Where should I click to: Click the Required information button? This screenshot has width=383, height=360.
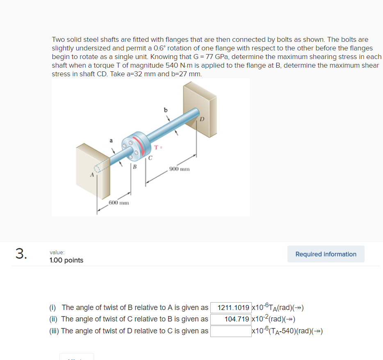pyautogui.click(x=326, y=254)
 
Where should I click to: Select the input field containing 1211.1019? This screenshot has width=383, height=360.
pyautogui.click(x=231, y=308)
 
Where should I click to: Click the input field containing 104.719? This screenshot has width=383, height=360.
pyautogui.click(x=231, y=319)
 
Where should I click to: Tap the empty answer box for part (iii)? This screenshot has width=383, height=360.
pyautogui.click(x=231, y=331)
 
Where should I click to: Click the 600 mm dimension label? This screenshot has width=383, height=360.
pyautogui.click(x=119, y=203)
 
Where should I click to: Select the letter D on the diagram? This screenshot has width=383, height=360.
pyautogui.click(x=202, y=119)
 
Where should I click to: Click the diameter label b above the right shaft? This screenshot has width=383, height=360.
pyautogui.click(x=166, y=109)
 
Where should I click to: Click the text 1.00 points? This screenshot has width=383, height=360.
pyautogui.click(x=66, y=260)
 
